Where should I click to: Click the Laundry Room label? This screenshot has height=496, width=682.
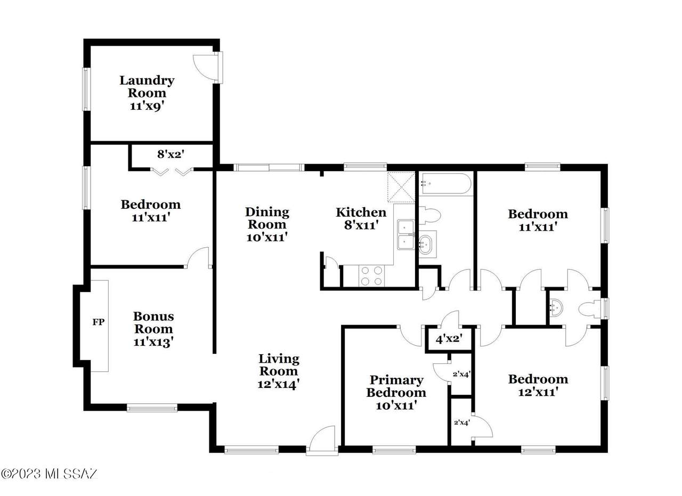pyautogui.click(x=147, y=86)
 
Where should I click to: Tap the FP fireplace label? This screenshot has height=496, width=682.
pyautogui.click(x=99, y=322)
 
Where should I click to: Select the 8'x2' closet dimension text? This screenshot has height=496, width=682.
pyautogui.click(x=171, y=155)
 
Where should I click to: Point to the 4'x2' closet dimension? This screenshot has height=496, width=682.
pyautogui.click(x=449, y=339)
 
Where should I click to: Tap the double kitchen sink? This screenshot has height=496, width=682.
pyautogui.click(x=406, y=235)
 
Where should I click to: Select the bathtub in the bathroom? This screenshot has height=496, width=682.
pyautogui.click(x=445, y=183)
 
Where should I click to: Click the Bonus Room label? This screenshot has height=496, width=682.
pyautogui.click(x=153, y=323)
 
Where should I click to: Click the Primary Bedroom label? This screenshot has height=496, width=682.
pyautogui.click(x=396, y=386)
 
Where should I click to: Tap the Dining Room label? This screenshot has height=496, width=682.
pyautogui.click(x=267, y=218)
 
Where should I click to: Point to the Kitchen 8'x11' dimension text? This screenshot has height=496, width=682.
pyautogui.click(x=361, y=225)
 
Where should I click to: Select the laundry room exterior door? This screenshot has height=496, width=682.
pyautogui.click(x=206, y=68)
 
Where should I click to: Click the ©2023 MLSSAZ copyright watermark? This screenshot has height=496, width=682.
pyautogui.click(x=48, y=474)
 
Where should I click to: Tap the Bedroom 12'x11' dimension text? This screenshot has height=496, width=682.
pyautogui.click(x=538, y=392)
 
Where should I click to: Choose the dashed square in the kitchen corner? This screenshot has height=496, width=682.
pyautogui.click(x=401, y=187)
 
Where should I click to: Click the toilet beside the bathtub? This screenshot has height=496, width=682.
pyautogui.click(x=430, y=216)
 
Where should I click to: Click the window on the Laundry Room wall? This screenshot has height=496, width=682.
pyautogui.click(x=86, y=89)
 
